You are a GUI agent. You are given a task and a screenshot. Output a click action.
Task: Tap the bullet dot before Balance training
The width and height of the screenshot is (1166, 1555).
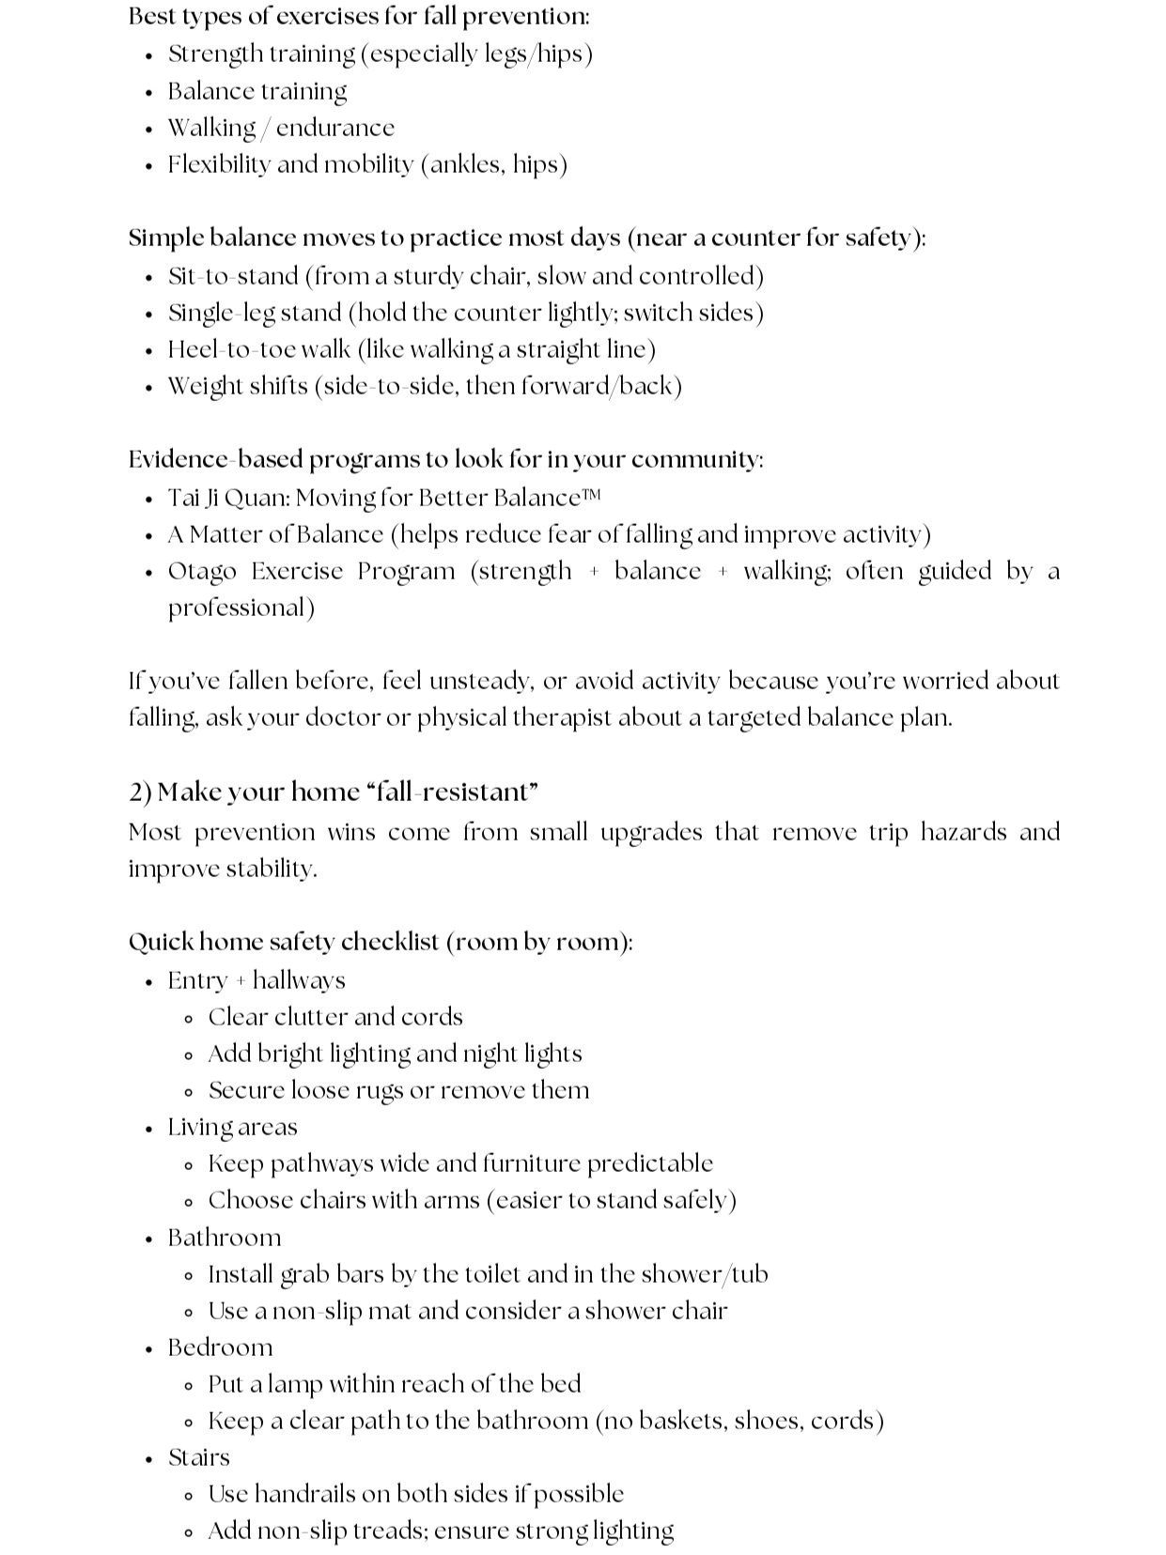149,93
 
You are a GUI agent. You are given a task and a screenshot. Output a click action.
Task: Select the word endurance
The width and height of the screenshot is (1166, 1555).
334,128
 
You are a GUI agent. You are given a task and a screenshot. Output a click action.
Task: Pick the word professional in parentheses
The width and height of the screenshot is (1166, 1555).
239,608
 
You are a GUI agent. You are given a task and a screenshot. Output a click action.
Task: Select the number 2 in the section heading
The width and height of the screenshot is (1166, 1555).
135,793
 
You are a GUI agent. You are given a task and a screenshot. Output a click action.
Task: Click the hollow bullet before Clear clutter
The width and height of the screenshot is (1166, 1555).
190,1019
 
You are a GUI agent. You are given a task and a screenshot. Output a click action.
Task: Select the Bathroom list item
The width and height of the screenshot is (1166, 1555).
225,1238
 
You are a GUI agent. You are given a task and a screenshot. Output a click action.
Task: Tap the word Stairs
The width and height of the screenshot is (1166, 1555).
198,1457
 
